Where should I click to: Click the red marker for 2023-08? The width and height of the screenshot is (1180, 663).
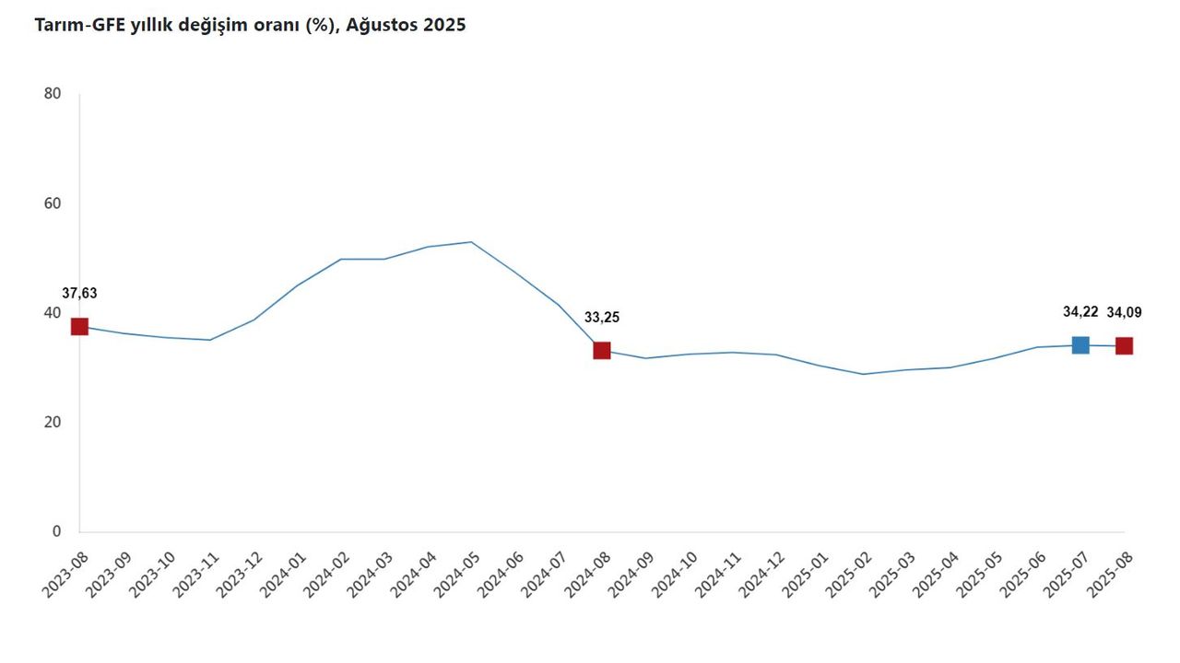click(x=79, y=326)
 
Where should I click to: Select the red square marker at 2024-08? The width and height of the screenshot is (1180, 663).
click(x=602, y=350)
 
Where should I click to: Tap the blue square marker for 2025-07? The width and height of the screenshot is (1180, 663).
click(x=1080, y=344)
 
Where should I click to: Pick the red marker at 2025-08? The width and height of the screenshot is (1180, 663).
click(x=1124, y=345)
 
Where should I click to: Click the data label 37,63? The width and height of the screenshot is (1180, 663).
click(x=79, y=294)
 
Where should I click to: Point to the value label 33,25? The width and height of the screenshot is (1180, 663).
click(x=602, y=318)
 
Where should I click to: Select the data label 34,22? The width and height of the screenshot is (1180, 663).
click(x=1080, y=312)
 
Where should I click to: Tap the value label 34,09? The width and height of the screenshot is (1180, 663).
click(x=1124, y=312)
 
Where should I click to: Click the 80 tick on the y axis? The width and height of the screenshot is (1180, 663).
click(x=52, y=94)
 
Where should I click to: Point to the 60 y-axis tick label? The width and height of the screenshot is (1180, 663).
click(x=52, y=204)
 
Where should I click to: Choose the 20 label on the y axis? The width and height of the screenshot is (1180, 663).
click(x=52, y=423)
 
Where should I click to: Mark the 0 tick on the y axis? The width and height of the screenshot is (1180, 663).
click(x=56, y=531)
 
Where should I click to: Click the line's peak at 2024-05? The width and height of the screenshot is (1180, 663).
click(x=471, y=242)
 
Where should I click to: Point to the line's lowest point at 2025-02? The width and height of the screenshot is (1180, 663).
click(x=863, y=374)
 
